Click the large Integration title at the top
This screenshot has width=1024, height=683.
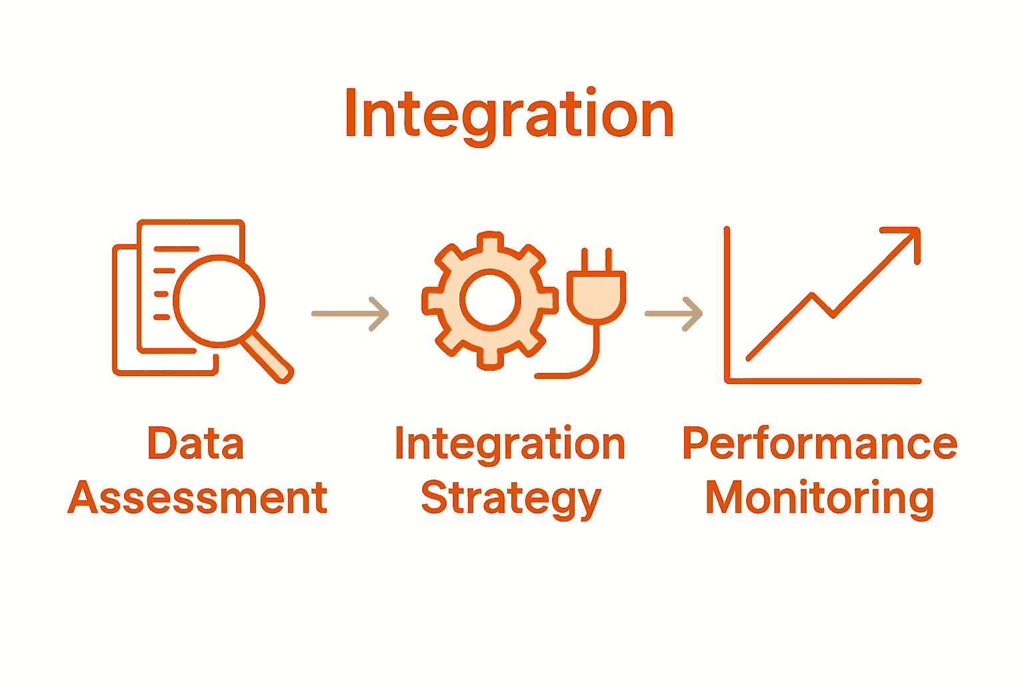[509, 115]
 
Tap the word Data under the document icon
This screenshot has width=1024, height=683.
[195, 444]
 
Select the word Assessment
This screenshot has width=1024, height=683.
[197, 498]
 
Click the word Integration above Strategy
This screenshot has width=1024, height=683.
[510, 444]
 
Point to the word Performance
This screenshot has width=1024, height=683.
[819, 444]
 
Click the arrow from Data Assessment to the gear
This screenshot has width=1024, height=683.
[350, 313]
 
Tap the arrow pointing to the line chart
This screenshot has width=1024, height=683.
[673, 313]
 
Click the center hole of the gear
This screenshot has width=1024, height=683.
[490, 300]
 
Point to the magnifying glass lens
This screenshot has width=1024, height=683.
[219, 301]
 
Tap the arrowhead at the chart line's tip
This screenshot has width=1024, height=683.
[911, 237]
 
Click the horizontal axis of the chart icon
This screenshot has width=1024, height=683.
[823, 381]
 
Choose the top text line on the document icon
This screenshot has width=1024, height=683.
[176, 249]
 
